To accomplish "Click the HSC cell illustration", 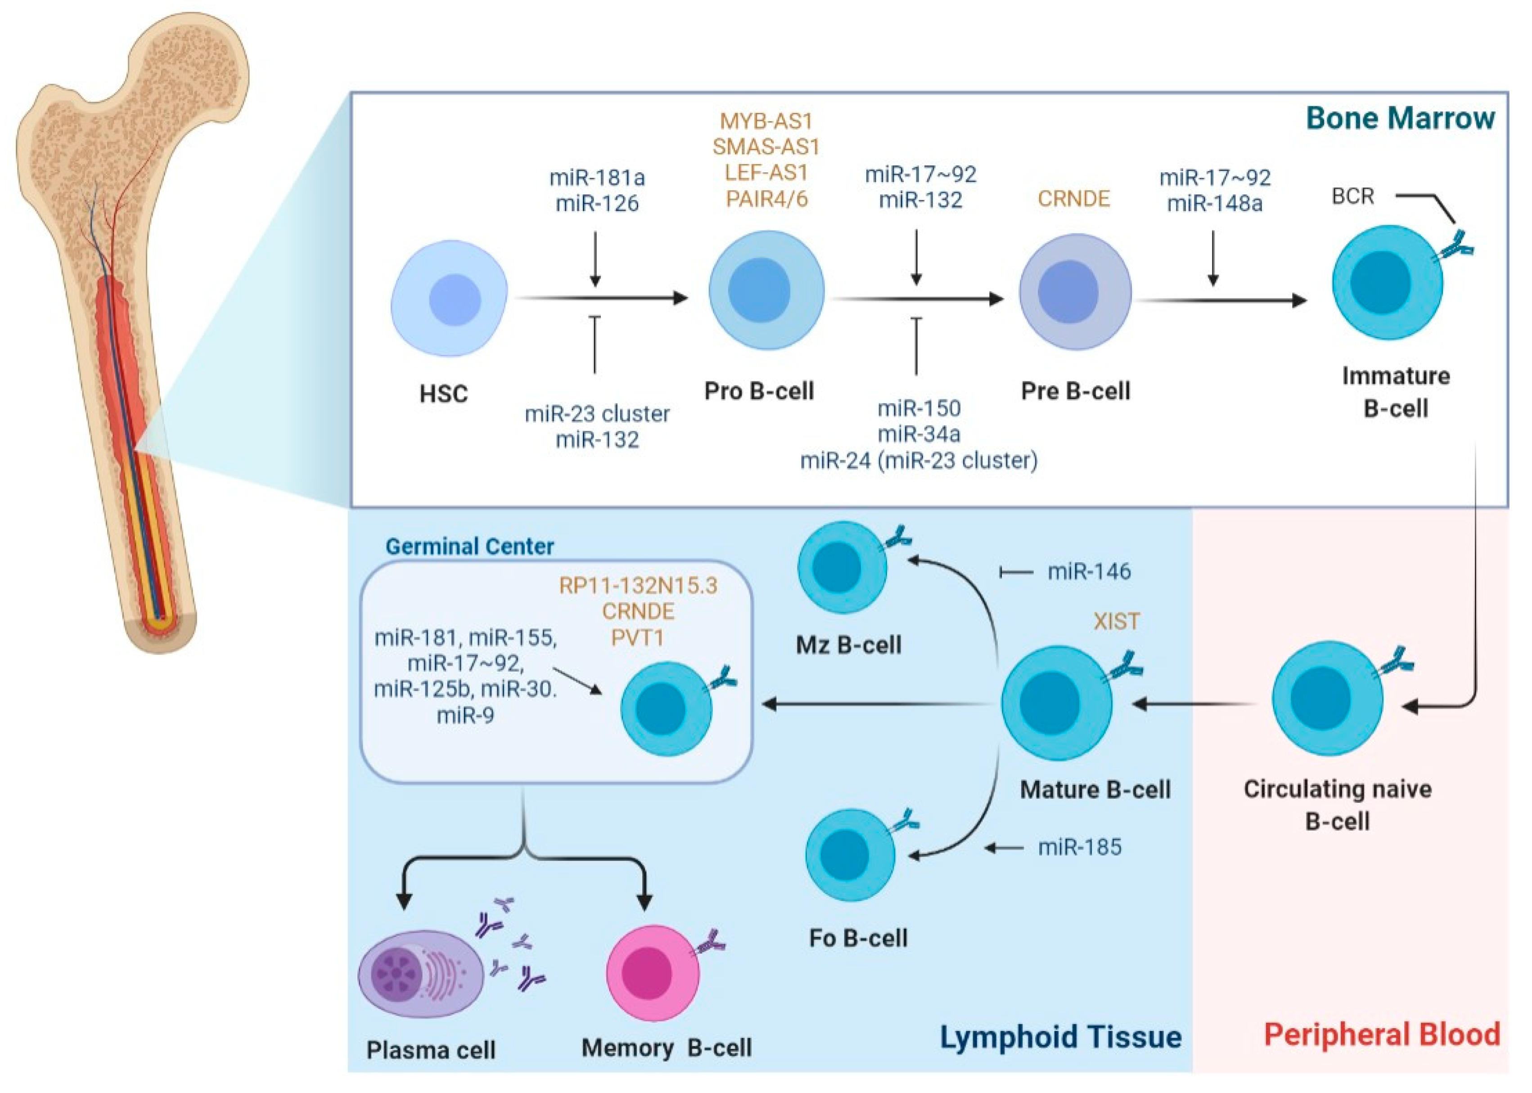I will point(449,298).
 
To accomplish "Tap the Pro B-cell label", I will point(759,391).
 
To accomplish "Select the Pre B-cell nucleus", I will point(1068,292).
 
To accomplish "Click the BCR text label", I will point(1352,197).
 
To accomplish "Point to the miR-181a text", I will point(597,178).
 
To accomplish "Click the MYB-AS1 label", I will point(766,121).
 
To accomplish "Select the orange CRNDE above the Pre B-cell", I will point(1073,198).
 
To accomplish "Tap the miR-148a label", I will point(1215,203).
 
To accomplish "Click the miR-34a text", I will point(919,434).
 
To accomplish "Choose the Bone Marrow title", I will point(1400,118).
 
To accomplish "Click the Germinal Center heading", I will point(469,546).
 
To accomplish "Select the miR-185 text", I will point(1080,847).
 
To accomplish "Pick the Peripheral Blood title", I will point(1382,1035).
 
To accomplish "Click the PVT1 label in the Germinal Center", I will point(637,637).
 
